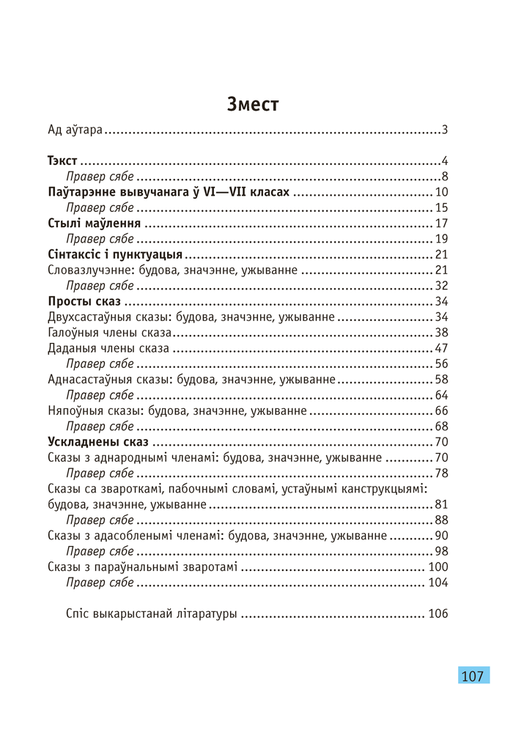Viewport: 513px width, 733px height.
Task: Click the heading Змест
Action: click(x=253, y=104)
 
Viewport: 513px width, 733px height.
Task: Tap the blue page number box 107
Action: click(x=473, y=675)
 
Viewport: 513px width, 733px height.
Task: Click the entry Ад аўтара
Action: click(x=75, y=131)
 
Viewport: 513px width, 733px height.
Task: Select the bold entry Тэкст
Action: click(x=62, y=161)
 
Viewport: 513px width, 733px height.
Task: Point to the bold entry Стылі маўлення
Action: click(x=93, y=224)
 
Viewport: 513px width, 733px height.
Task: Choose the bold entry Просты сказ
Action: click(x=84, y=301)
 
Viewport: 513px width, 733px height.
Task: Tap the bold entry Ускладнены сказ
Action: click(x=97, y=442)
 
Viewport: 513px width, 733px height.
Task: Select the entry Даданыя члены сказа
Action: click(x=108, y=348)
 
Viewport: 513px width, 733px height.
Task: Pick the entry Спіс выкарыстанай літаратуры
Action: click(x=151, y=614)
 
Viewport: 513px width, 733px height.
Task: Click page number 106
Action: click(x=438, y=614)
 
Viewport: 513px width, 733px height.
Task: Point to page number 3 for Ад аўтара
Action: click(x=444, y=131)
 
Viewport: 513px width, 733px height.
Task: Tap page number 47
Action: click(x=440, y=348)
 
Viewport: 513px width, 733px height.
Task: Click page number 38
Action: click(x=440, y=333)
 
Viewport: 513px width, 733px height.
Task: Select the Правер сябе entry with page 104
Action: click(x=100, y=583)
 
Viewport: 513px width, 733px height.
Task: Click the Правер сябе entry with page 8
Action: click(x=100, y=177)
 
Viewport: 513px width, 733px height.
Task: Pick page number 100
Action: click(x=438, y=567)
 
